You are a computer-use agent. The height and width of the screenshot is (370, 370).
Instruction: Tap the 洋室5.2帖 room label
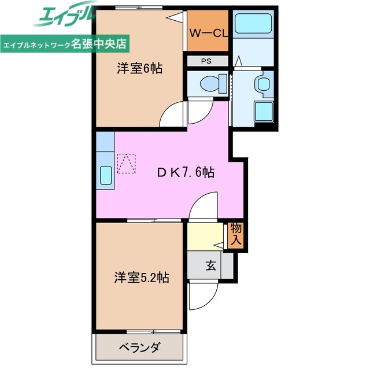click(141, 277)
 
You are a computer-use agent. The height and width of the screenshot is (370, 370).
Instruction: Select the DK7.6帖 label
click(187, 172)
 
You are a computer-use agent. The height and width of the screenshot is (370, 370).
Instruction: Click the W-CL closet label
click(209, 33)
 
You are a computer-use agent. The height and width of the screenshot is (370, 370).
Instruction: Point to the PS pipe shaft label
click(207, 61)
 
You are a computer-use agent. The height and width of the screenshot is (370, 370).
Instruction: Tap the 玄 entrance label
click(211, 266)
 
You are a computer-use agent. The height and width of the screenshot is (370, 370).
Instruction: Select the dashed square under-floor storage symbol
click(127, 163)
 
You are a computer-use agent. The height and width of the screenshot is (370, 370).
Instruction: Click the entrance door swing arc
click(203, 297)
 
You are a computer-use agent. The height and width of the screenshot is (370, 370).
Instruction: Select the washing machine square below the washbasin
click(264, 111)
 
